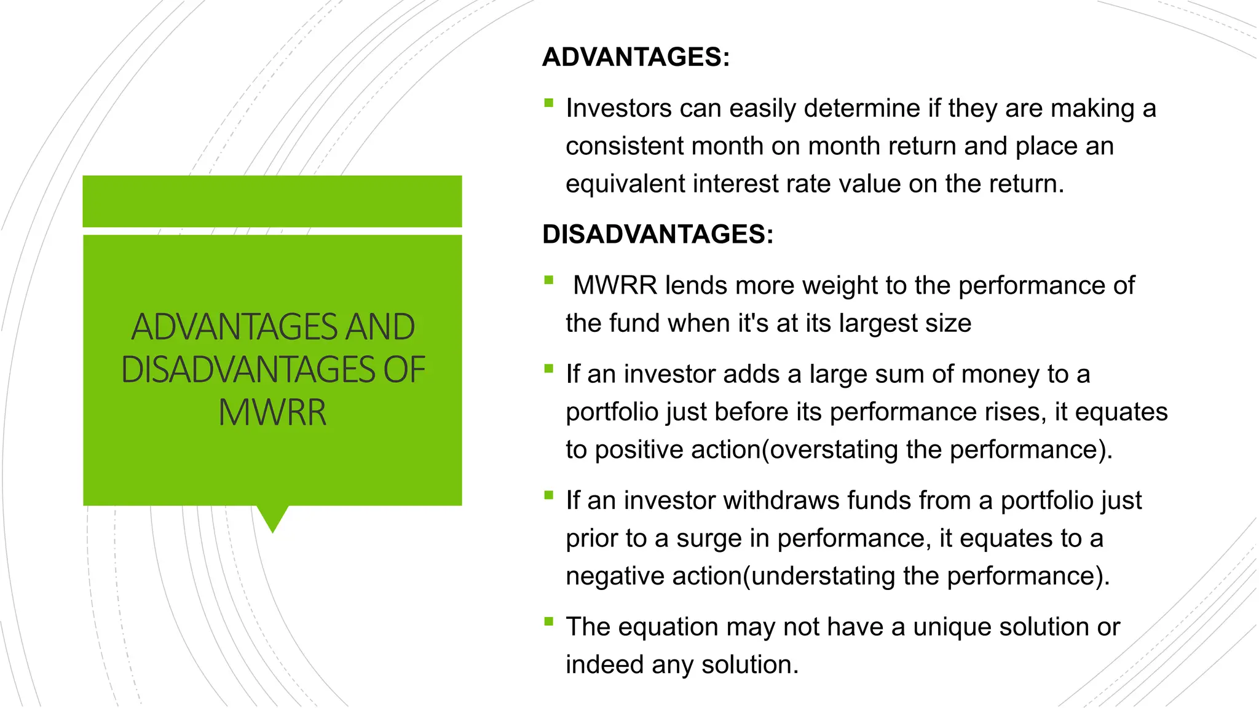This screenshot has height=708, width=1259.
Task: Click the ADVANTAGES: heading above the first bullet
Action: (x=636, y=57)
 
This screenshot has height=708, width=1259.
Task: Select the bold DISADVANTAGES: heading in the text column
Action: (x=657, y=234)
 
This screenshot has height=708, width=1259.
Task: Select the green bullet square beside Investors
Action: (x=549, y=103)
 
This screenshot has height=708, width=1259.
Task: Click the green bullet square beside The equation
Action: (x=549, y=622)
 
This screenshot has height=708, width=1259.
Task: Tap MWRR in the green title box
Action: (x=272, y=412)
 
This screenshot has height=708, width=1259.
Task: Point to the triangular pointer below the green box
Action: (x=272, y=517)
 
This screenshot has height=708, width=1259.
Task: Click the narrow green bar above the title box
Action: (x=272, y=201)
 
